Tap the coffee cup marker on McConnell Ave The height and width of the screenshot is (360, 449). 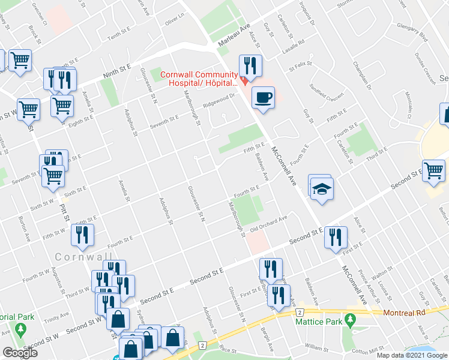(262, 98)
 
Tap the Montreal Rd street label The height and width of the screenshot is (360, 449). (401, 312)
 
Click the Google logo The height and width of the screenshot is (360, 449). (20, 353)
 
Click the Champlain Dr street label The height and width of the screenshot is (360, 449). (363, 76)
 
